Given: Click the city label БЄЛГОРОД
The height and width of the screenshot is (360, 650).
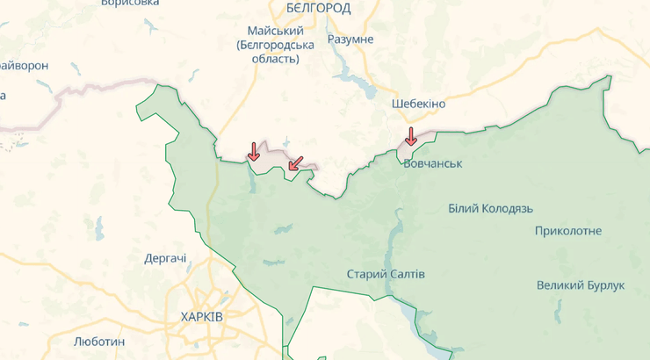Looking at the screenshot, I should [318, 9].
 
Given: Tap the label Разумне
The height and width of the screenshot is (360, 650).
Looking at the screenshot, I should [350, 40].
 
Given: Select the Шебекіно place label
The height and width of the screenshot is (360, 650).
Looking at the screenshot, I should [418, 104].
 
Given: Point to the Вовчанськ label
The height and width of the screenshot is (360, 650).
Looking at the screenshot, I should [433, 163].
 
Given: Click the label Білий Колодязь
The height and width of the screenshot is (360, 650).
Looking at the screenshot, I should [490, 208].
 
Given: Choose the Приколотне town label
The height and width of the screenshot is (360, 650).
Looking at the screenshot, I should [568, 231].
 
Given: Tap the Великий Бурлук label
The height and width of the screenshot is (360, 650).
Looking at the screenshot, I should [581, 286].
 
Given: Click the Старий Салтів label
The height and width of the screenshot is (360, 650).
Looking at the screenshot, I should [386, 274].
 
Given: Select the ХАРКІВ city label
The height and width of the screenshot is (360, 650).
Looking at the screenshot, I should [201, 316].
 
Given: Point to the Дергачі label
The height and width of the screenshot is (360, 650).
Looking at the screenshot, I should [165, 259].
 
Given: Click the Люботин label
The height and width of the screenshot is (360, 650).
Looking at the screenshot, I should [99, 341].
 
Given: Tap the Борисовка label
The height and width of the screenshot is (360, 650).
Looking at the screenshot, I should [129, 4].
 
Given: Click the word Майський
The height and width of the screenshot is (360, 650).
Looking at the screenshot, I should [269, 30].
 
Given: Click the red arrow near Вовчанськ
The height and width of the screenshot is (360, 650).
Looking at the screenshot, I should [410, 137].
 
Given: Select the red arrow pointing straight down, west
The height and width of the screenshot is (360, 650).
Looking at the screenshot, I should [253, 151].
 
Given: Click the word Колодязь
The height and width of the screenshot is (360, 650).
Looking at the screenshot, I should [509, 208].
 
